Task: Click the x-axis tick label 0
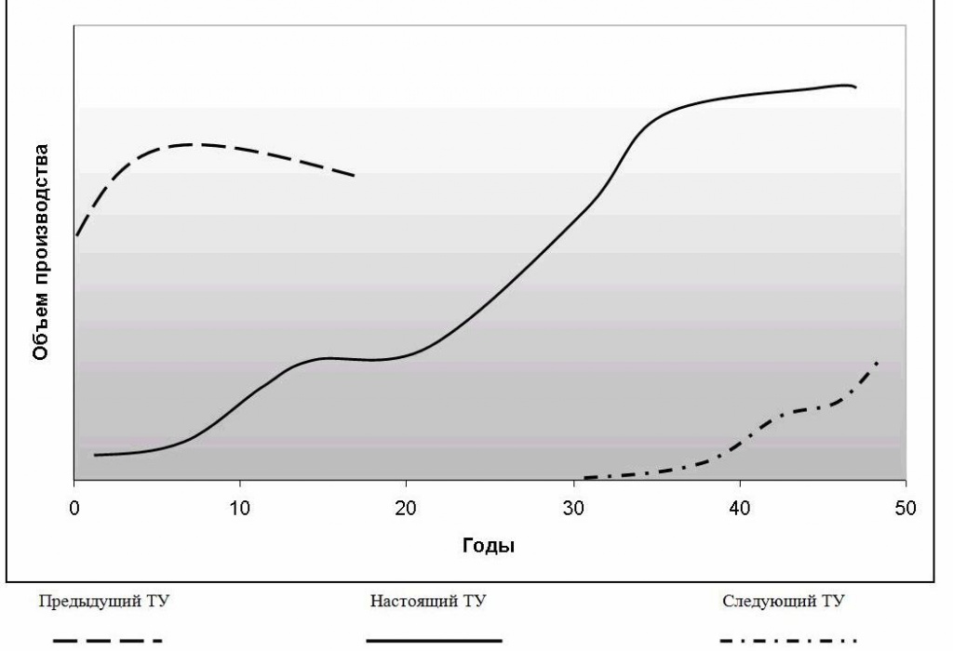click(x=74, y=510)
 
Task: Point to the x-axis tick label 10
click(x=240, y=510)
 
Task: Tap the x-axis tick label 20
click(x=407, y=510)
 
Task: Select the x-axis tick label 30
click(x=573, y=510)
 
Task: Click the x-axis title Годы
click(x=489, y=546)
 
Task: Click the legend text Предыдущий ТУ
click(x=103, y=601)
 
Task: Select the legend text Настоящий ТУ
click(x=428, y=601)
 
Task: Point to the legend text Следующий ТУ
click(x=785, y=601)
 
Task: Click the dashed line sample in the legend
click(x=108, y=640)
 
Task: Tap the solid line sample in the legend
click(x=434, y=640)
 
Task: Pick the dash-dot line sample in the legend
click(x=787, y=640)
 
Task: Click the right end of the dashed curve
click(x=355, y=175)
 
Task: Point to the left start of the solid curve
click(x=95, y=455)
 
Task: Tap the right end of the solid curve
click(x=854, y=87)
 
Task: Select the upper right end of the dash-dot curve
click(x=877, y=361)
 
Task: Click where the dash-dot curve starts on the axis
click(x=584, y=478)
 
